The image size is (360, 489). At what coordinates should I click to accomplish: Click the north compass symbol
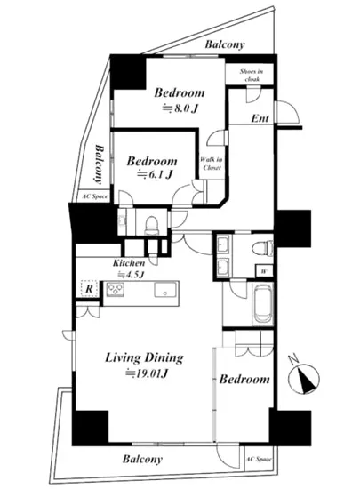[303, 377]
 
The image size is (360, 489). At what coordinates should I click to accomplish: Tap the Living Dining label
[144, 357]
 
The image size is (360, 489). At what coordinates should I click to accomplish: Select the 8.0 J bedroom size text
[180, 108]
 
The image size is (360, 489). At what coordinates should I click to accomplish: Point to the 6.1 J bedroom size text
[156, 174]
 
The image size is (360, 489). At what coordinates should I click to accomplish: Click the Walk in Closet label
[211, 164]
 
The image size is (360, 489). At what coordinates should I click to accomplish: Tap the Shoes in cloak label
[252, 75]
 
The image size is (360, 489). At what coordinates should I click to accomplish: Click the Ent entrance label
[260, 118]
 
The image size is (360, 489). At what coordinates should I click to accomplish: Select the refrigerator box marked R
[89, 289]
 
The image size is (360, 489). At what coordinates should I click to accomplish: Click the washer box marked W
[264, 271]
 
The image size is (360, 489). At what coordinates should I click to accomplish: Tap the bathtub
[264, 305]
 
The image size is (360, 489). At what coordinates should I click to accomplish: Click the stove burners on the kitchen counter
[116, 289]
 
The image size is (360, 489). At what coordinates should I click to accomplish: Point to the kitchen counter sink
[166, 290]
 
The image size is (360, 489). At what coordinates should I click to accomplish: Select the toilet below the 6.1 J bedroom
[152, 225]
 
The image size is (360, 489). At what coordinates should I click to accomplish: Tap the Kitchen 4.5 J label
[129, 269]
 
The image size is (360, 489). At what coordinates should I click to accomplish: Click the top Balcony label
[225, 44]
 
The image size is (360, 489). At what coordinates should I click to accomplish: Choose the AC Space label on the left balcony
[95, 196]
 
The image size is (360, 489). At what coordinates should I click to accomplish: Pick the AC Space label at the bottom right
[259, 459]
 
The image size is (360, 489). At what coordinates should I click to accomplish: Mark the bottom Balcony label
[142, 459]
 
